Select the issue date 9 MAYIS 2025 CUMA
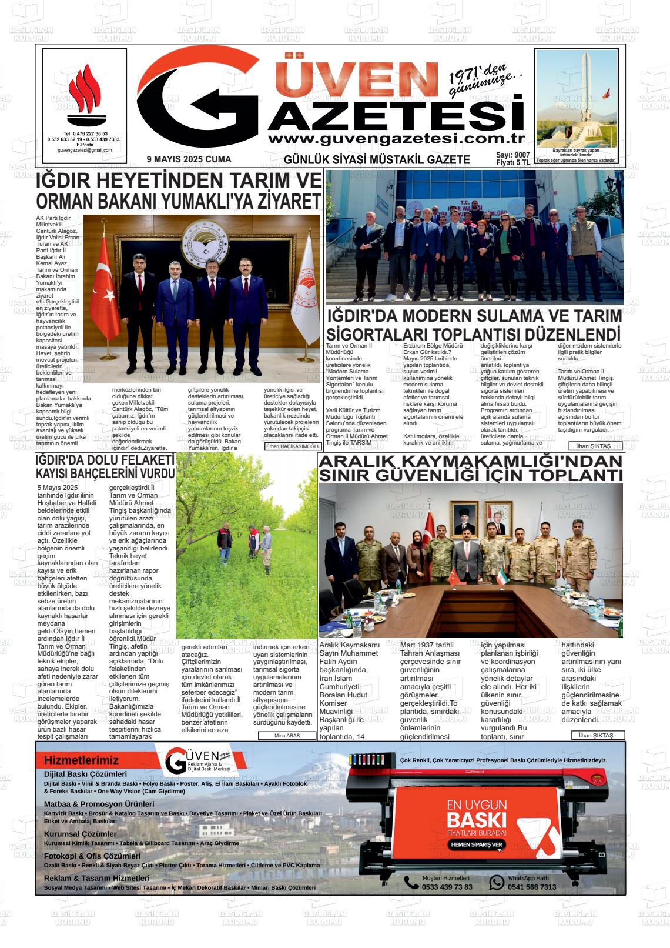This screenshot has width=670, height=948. point(189,159)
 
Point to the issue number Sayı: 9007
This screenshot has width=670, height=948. point(512,155)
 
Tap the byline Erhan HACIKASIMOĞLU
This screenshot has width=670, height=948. point(293,446)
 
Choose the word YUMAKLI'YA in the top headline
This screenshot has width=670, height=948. point(222,202)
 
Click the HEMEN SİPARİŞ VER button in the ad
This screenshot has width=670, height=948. point(476,844)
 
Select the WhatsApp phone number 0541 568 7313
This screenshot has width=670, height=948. point(531,887)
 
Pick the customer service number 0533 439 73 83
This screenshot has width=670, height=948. point(447,887)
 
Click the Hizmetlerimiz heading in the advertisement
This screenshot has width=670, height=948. point(81,760)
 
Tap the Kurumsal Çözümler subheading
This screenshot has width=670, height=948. point(81,834)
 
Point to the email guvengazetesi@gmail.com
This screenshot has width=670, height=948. point(85,151)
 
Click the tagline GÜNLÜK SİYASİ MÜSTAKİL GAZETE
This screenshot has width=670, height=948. point(377,159)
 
